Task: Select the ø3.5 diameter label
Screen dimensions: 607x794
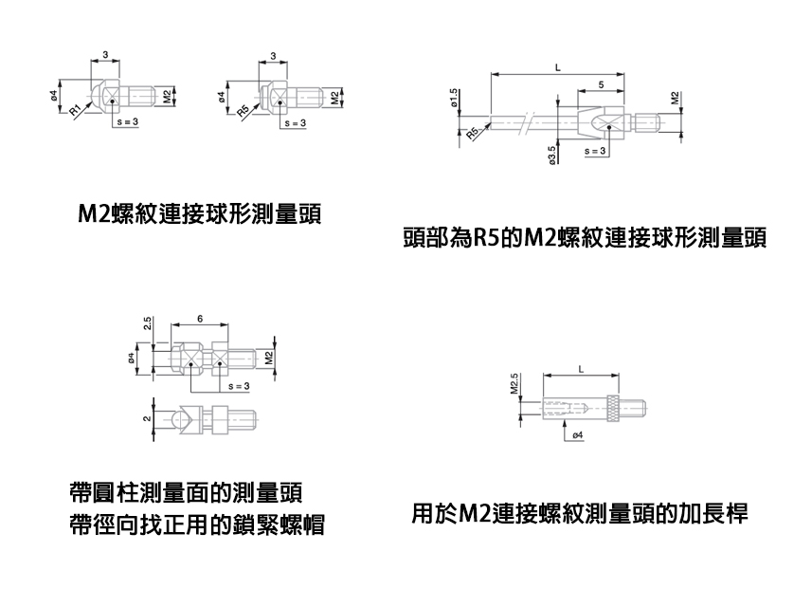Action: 551,153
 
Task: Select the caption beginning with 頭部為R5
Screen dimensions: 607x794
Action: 584,237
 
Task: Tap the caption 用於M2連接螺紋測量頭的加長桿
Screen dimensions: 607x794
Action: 580,515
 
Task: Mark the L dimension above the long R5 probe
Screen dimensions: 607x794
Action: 558,68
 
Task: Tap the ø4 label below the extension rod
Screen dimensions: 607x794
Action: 577,435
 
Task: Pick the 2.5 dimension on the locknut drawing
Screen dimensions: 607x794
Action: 148,323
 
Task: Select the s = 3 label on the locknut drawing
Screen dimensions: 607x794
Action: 237,387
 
